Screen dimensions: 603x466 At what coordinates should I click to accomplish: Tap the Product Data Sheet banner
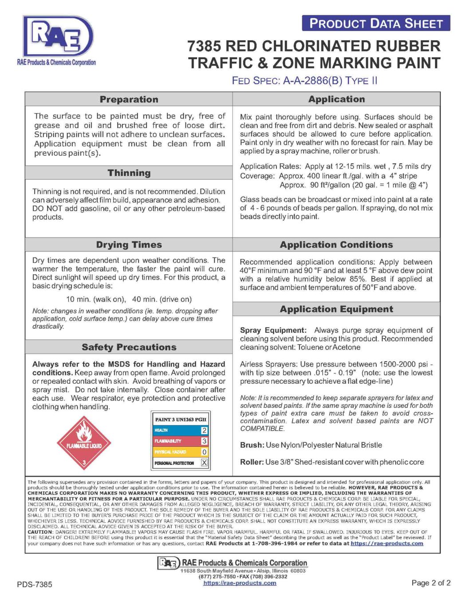tap(376, 24)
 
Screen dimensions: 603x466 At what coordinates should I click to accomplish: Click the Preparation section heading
tap(129, 99)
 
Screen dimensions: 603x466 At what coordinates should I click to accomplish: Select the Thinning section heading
tap(129, 173)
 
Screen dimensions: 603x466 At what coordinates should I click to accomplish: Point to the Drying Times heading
tap(129, 245)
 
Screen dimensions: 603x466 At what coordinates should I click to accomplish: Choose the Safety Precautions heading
tap(129, 347)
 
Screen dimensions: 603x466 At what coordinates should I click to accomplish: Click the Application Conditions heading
tap(336, 245)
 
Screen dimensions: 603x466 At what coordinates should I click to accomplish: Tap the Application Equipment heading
tap(336, 309)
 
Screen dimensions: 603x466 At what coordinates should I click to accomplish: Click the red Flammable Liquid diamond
tap(84, 442)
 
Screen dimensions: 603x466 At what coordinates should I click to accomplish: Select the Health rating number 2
tap(204, 430)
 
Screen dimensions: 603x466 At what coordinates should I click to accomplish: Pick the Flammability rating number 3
tap(204, 441)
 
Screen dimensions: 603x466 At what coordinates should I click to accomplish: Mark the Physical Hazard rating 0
tap(204, 452)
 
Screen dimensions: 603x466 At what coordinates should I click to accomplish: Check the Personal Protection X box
tap(204, 463)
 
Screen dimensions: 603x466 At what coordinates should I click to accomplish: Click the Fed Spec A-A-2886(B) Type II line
tap(304, 81)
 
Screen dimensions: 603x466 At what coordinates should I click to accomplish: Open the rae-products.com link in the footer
tap(240, 583)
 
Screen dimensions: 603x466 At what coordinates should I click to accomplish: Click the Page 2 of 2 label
tap(431, 583)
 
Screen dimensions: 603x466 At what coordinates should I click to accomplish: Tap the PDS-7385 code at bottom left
tap(35, 584)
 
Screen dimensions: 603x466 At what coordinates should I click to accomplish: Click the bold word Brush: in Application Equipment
tap(252, 445)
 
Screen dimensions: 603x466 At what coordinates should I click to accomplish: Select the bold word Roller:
tap(252, 462)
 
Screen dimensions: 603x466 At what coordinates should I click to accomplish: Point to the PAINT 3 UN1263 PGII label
tap(181, 419)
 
